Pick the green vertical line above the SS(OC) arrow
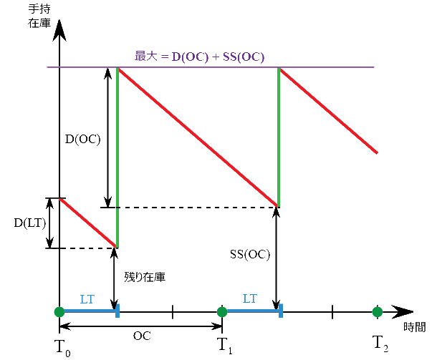tap(277, 136)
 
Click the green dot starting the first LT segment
tap(59, 311)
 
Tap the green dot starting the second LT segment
tap(222, 311)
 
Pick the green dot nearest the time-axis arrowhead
tap(377, 312)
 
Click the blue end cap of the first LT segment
tap(117, 311)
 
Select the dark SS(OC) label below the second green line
tap(250, 255)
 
